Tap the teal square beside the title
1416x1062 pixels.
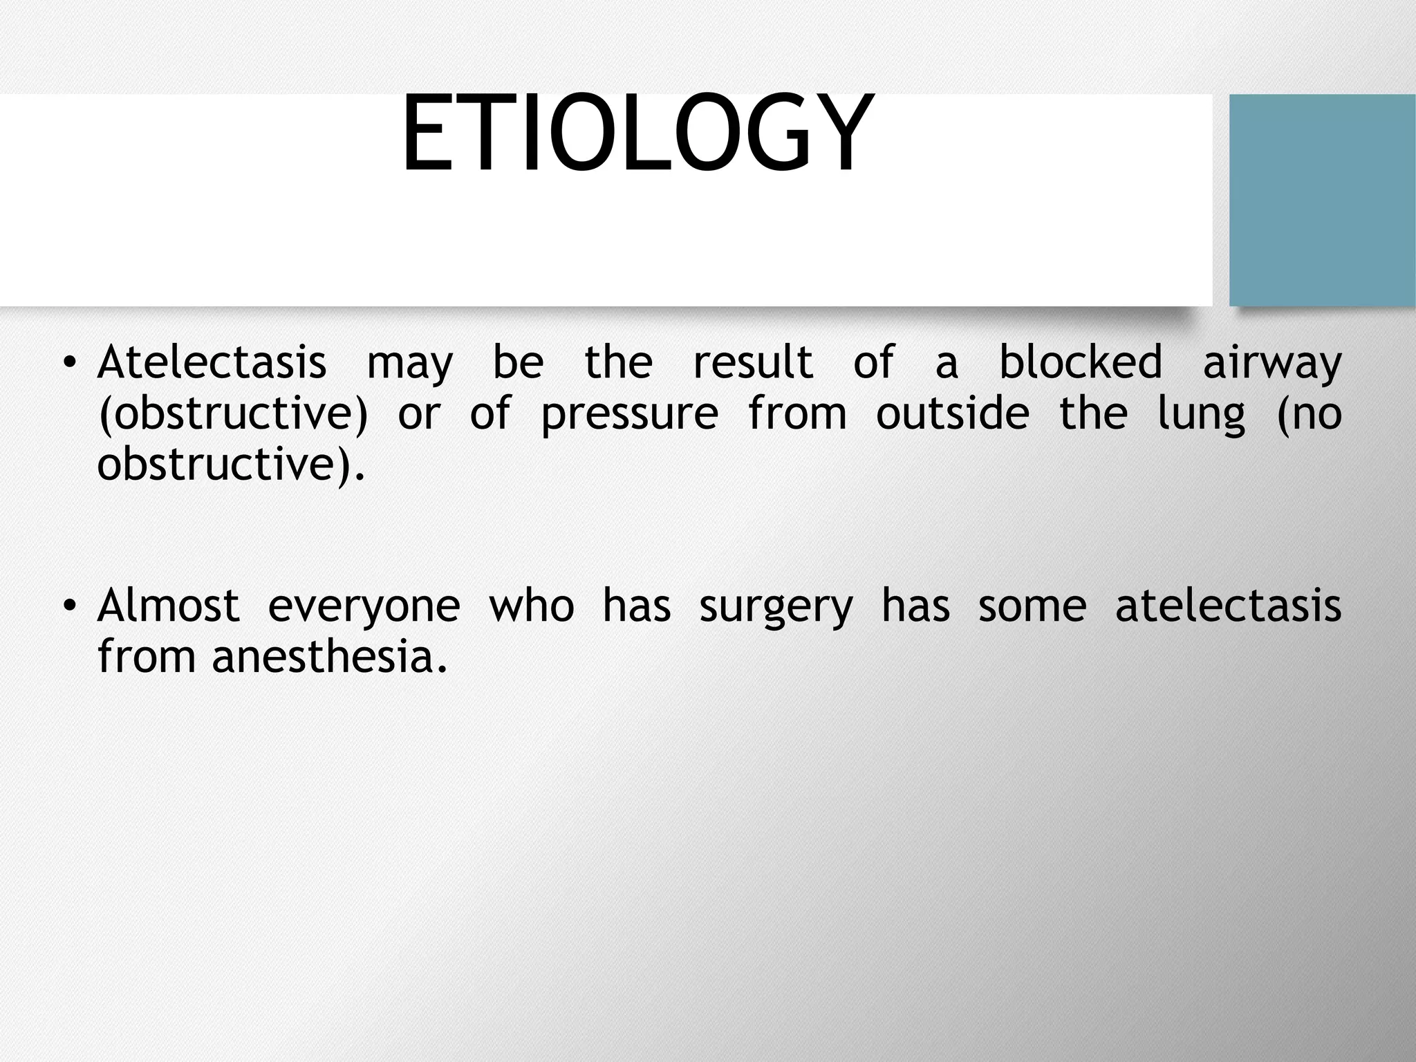click(x=1322, y=200)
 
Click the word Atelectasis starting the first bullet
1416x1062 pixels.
click(x=212, y=362)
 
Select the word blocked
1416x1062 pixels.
click(x=1081, y=362)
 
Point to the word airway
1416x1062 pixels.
click(x=1272, y=364)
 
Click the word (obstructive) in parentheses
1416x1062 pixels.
click(x=233, y=414)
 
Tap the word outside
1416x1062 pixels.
click(x=953, y=414)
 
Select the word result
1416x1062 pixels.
click(x=753, y=362)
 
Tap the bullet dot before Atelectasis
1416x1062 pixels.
click(x=68, y=363)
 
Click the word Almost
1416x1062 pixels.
click(x=168, y=606)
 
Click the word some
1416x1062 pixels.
click(x=1032, y=606)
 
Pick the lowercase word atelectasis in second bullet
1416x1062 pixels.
click(x=1228, y=606)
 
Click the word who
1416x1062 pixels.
click(x=531, y=606)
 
